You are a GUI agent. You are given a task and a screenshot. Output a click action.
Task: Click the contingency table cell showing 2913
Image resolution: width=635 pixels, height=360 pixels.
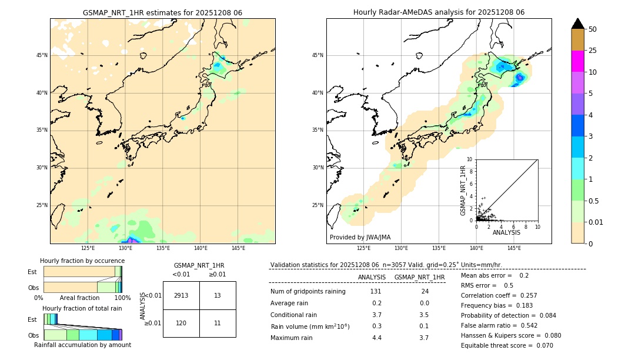pos(181,295)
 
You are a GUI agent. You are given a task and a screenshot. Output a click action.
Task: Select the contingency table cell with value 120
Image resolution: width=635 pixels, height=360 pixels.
pos(181,323)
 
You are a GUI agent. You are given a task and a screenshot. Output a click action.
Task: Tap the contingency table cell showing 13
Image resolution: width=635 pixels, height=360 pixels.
pos(218,295)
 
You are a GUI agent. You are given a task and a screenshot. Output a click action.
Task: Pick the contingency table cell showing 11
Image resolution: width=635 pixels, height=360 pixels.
pos(218,323)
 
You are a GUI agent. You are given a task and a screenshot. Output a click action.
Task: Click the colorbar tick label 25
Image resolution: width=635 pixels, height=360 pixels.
pos(593,51)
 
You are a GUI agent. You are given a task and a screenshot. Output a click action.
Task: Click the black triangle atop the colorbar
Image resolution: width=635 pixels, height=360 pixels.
pos(578,24)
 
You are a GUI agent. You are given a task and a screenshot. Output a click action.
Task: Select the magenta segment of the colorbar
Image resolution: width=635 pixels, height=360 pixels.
pos(578,61)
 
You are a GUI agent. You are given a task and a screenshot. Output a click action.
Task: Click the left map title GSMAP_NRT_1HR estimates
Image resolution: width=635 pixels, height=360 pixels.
pos(162,12)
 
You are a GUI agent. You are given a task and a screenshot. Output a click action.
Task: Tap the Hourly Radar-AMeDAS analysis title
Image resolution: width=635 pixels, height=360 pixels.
pos(439,12)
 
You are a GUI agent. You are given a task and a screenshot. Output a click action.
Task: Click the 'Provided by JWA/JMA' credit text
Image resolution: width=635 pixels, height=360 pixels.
pos(360,237)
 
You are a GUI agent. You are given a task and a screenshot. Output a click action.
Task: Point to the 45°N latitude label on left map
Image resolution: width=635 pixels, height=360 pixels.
pos(42,55)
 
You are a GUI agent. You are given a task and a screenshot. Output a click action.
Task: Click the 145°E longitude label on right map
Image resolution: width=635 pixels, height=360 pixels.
pos(514,248)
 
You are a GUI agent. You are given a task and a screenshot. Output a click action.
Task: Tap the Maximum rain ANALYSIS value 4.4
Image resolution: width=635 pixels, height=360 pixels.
pos(376,338)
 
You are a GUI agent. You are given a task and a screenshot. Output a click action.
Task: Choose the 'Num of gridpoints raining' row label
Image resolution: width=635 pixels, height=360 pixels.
pos(308,292)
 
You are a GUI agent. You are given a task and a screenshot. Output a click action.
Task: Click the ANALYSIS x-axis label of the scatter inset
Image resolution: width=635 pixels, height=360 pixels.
pos(506,232)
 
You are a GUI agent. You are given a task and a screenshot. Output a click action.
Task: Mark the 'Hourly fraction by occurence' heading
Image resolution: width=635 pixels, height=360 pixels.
pos(82,261)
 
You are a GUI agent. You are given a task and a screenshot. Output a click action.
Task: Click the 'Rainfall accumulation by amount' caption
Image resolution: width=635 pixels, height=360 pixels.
pos(82,345)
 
